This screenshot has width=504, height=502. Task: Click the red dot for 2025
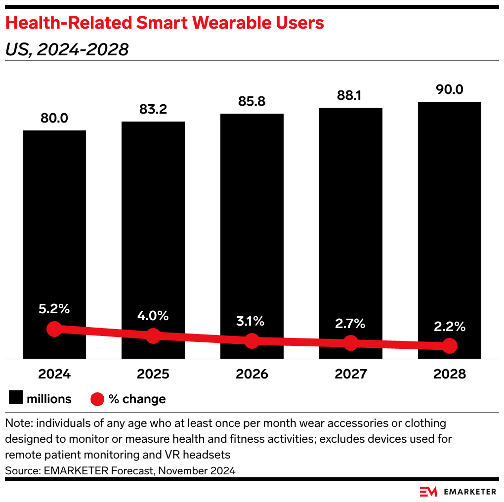click(x=153, y=336)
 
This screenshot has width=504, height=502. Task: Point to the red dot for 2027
click(x=350, y=342)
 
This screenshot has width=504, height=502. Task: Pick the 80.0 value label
click(x=54, y=119)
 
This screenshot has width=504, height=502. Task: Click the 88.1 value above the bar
click(x=350, y=95)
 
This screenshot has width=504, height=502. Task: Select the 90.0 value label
click(x=449, y=90)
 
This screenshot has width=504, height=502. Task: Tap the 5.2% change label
click(x=54, y=310)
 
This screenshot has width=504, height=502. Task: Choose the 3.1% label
click(x=252, y=321)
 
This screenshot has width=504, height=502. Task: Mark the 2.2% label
click(x=449, y=327)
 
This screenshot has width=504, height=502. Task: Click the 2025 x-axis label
click(x=153, y=374)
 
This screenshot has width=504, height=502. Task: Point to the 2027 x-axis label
click(x=350, y=374)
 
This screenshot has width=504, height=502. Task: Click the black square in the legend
click(x=15, y=399)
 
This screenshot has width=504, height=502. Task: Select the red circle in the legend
click(x=97, y=399)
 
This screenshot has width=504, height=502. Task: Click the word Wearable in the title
click(x=239, y=23)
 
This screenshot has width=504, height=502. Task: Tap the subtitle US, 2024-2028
click(x=67, y=49)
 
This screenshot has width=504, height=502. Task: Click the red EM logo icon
click(x=428, y=491)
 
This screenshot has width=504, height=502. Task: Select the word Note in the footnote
click(x=16, y=423)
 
